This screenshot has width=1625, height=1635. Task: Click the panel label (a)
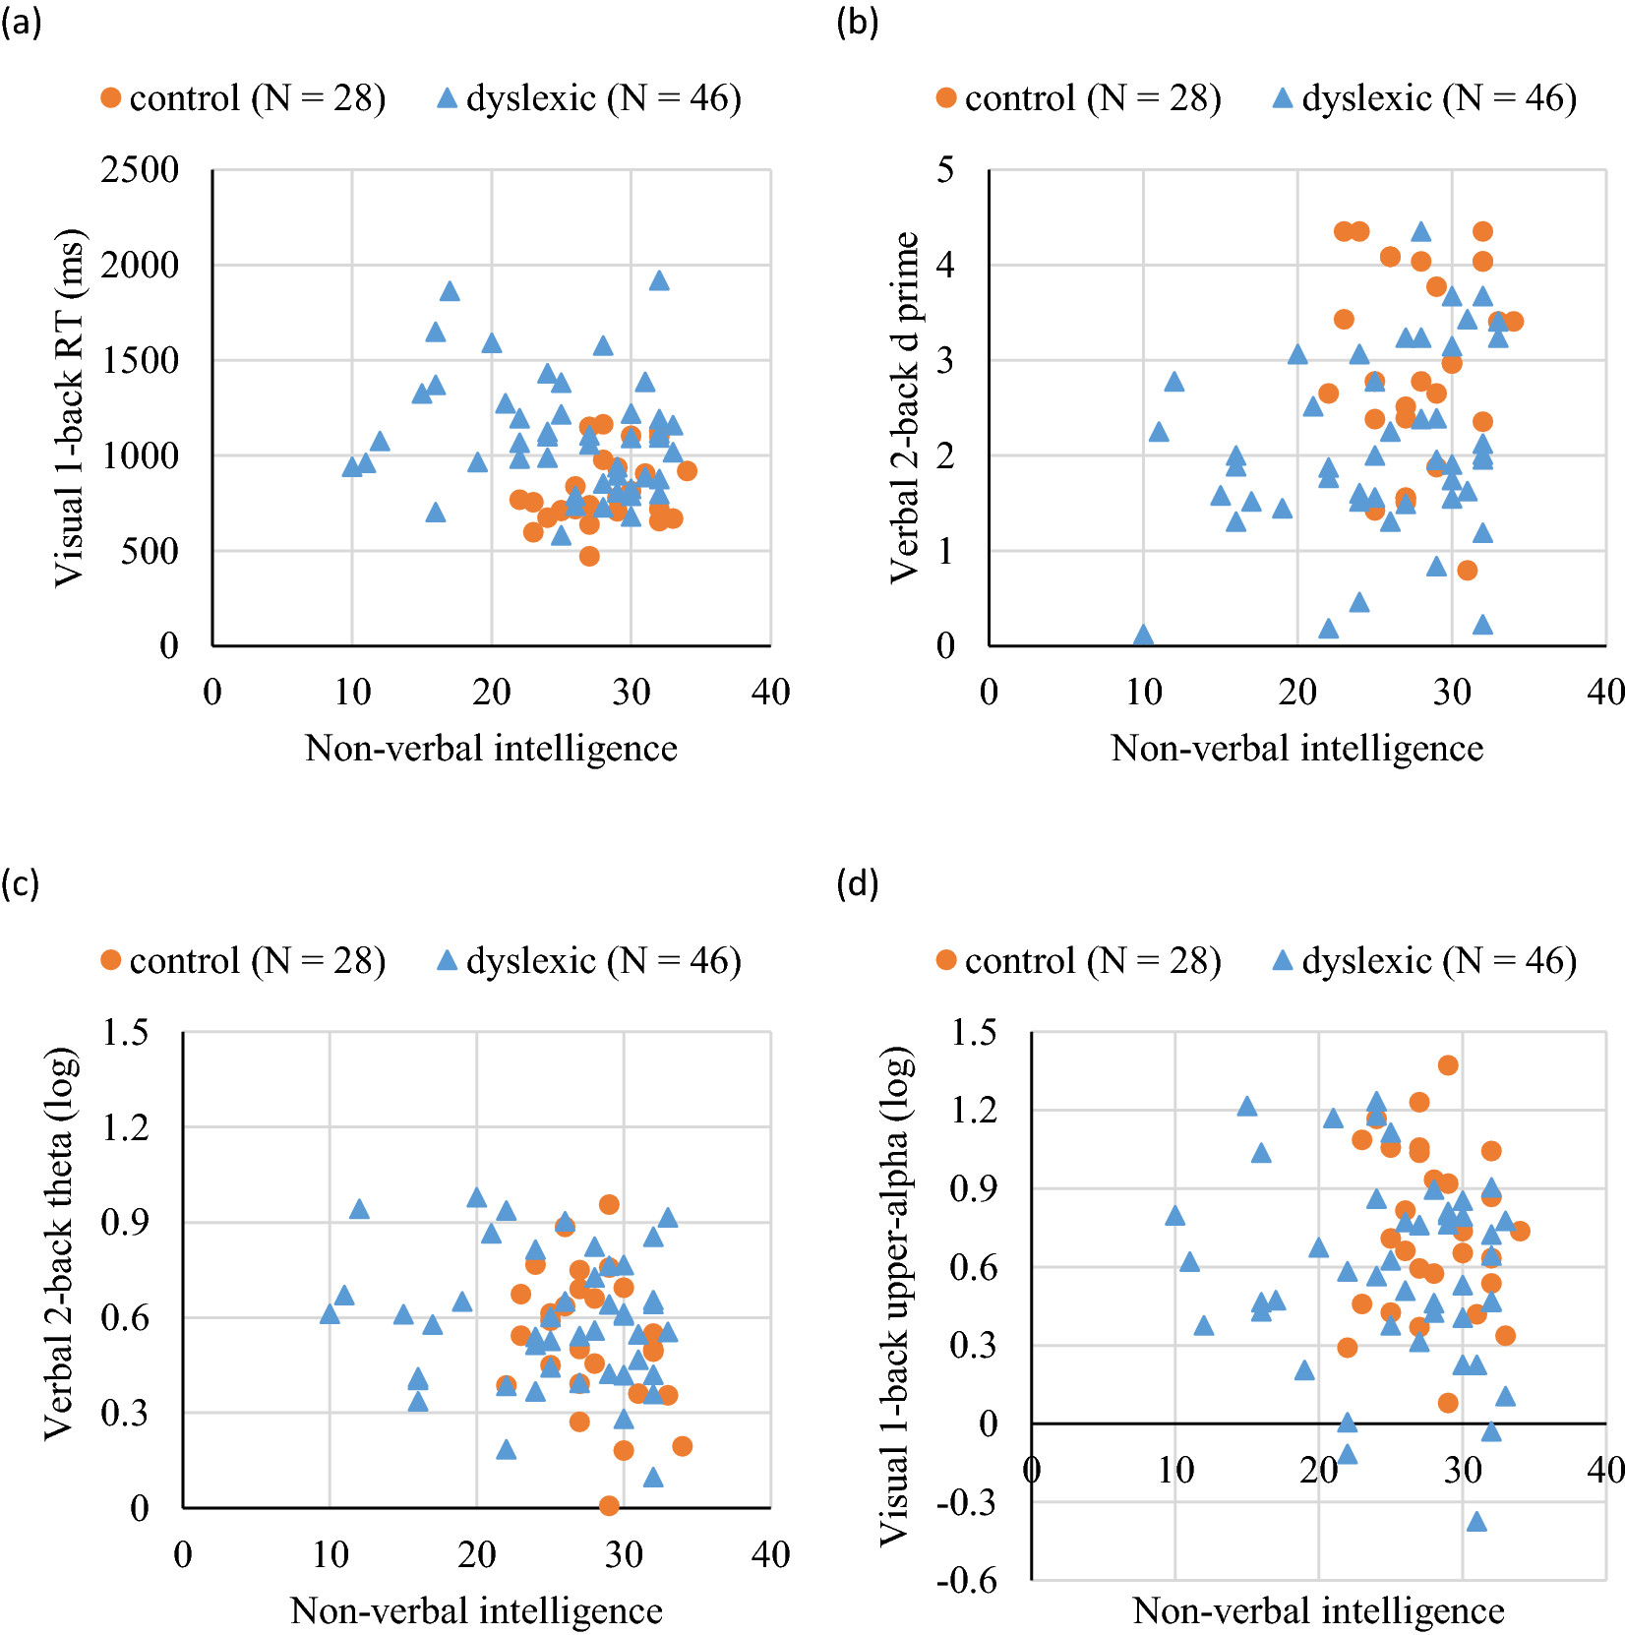point(21,22)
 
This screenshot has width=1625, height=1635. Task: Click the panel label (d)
point(857,883)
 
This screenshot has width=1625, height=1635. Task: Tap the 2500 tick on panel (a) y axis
point(140,170)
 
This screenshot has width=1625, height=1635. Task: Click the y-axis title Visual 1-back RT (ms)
point(69,408)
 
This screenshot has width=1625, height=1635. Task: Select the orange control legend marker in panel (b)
point(946,98)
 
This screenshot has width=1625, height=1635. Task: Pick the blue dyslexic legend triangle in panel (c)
point(448,960)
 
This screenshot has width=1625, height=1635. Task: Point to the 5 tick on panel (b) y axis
point(944,170)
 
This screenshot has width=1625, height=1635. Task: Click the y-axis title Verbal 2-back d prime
point(905,408)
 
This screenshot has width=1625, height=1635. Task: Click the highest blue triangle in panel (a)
point(659,281)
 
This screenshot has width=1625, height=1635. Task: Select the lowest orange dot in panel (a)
point(589,556)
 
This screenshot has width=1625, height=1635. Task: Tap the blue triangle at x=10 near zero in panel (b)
point(1143,636)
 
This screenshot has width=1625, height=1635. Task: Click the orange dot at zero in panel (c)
point(609,1505)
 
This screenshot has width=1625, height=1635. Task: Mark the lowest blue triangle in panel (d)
point(1476,1522)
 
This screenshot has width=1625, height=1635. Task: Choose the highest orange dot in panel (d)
point(1448,1065)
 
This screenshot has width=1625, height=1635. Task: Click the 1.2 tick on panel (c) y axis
point(125,1127)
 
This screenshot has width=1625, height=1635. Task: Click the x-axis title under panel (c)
point(476,1610)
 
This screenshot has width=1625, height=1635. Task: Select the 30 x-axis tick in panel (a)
point(631,692)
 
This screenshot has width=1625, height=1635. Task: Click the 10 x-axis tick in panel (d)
point(1174,1470)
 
